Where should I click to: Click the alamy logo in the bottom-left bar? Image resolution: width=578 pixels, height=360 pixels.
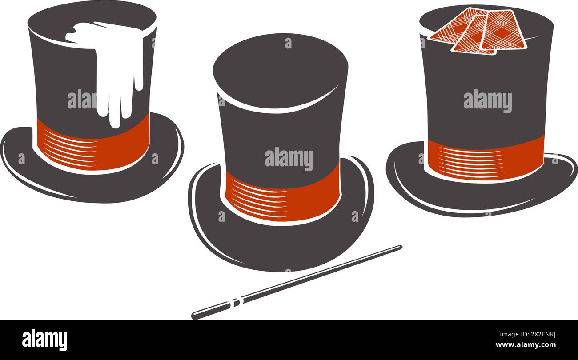44,340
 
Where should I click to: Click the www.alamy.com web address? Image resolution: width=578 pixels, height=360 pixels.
528,345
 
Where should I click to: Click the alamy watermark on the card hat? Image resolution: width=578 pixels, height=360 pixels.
488,101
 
